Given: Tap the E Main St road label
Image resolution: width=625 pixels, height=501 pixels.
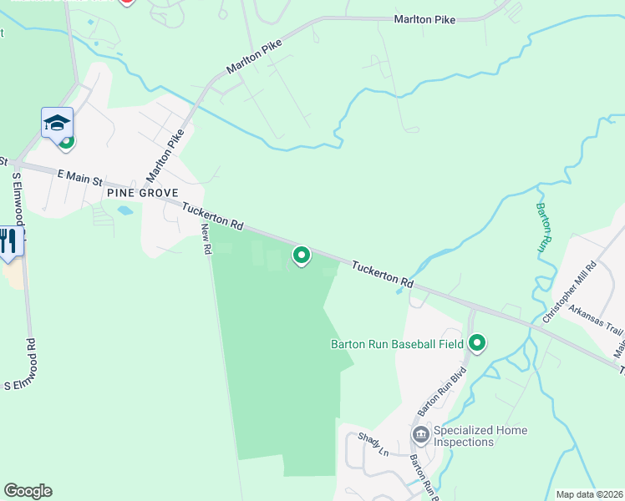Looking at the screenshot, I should coord(79,176).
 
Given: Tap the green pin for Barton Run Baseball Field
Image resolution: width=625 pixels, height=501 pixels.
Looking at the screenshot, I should coord(477,343).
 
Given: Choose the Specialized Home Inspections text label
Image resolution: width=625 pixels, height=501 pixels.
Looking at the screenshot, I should coord(480,436).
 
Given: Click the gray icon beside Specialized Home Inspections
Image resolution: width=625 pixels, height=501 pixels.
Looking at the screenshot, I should coord(420,434).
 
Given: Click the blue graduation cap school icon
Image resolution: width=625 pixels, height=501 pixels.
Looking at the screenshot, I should coord(57,123).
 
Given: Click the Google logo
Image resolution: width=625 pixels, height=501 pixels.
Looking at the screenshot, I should coord(28,491).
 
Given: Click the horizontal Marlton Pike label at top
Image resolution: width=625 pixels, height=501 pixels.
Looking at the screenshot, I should coord(426,19).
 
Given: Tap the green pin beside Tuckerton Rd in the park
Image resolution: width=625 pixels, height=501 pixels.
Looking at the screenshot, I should coord(301,256).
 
